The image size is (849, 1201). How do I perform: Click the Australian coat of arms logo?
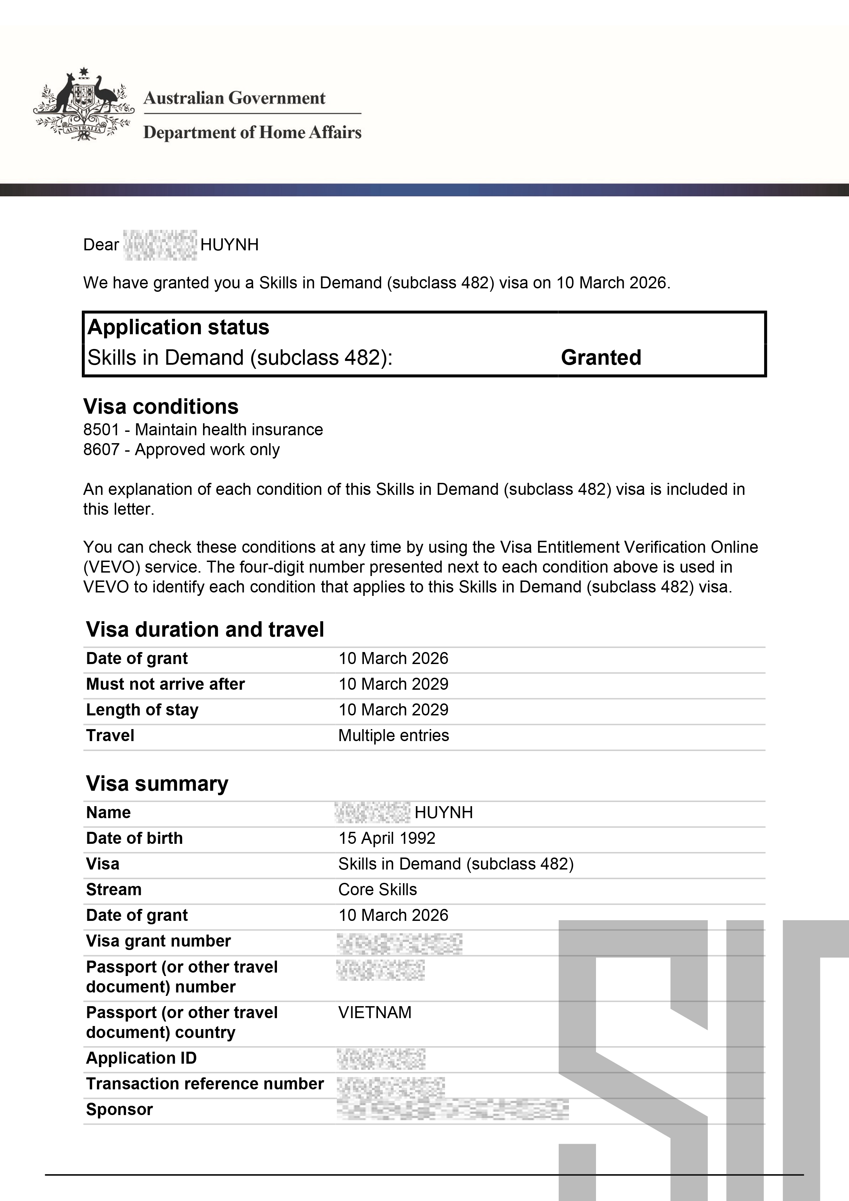82,104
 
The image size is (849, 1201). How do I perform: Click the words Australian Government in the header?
234,98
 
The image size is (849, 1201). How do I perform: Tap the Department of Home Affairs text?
252,132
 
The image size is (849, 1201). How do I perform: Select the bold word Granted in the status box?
601,358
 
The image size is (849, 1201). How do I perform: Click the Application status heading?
178,327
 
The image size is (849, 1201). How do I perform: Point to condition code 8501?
101,429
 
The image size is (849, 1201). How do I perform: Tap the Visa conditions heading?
161,406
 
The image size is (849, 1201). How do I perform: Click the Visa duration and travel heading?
205,629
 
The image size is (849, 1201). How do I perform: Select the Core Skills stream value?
378,889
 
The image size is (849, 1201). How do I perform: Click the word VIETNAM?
375,1012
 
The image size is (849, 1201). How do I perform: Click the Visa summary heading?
157,784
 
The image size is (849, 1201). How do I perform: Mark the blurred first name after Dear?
160,245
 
